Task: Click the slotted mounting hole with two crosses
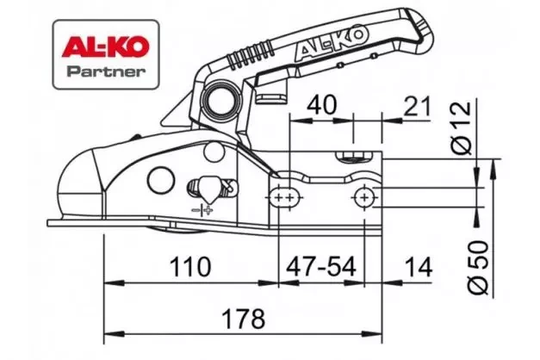click(x=283, y=198)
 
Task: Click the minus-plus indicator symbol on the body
click(x=202, y=209)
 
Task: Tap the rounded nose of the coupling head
click(x=73, y=185)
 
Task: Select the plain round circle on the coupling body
click(x=159, y=182)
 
